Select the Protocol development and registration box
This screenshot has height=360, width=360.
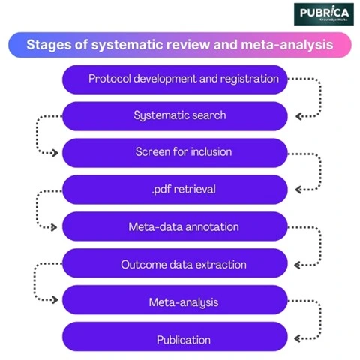(x=175, y=79)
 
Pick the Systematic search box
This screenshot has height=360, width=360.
(x=175, y=115)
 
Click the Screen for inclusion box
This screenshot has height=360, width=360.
(x=175, y=152)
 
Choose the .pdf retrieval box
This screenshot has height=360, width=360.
(x=175, y=189)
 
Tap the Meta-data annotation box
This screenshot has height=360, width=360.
(x=175, y=226)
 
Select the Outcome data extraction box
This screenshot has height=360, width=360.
(x=175, y=263)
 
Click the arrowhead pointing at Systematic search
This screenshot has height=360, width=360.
(x=298, y=115)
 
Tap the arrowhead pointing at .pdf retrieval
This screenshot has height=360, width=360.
(x=298, y=189)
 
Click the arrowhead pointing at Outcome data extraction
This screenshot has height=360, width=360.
(x=298, y=263)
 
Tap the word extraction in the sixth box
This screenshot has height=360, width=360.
(x=220, y=264)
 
